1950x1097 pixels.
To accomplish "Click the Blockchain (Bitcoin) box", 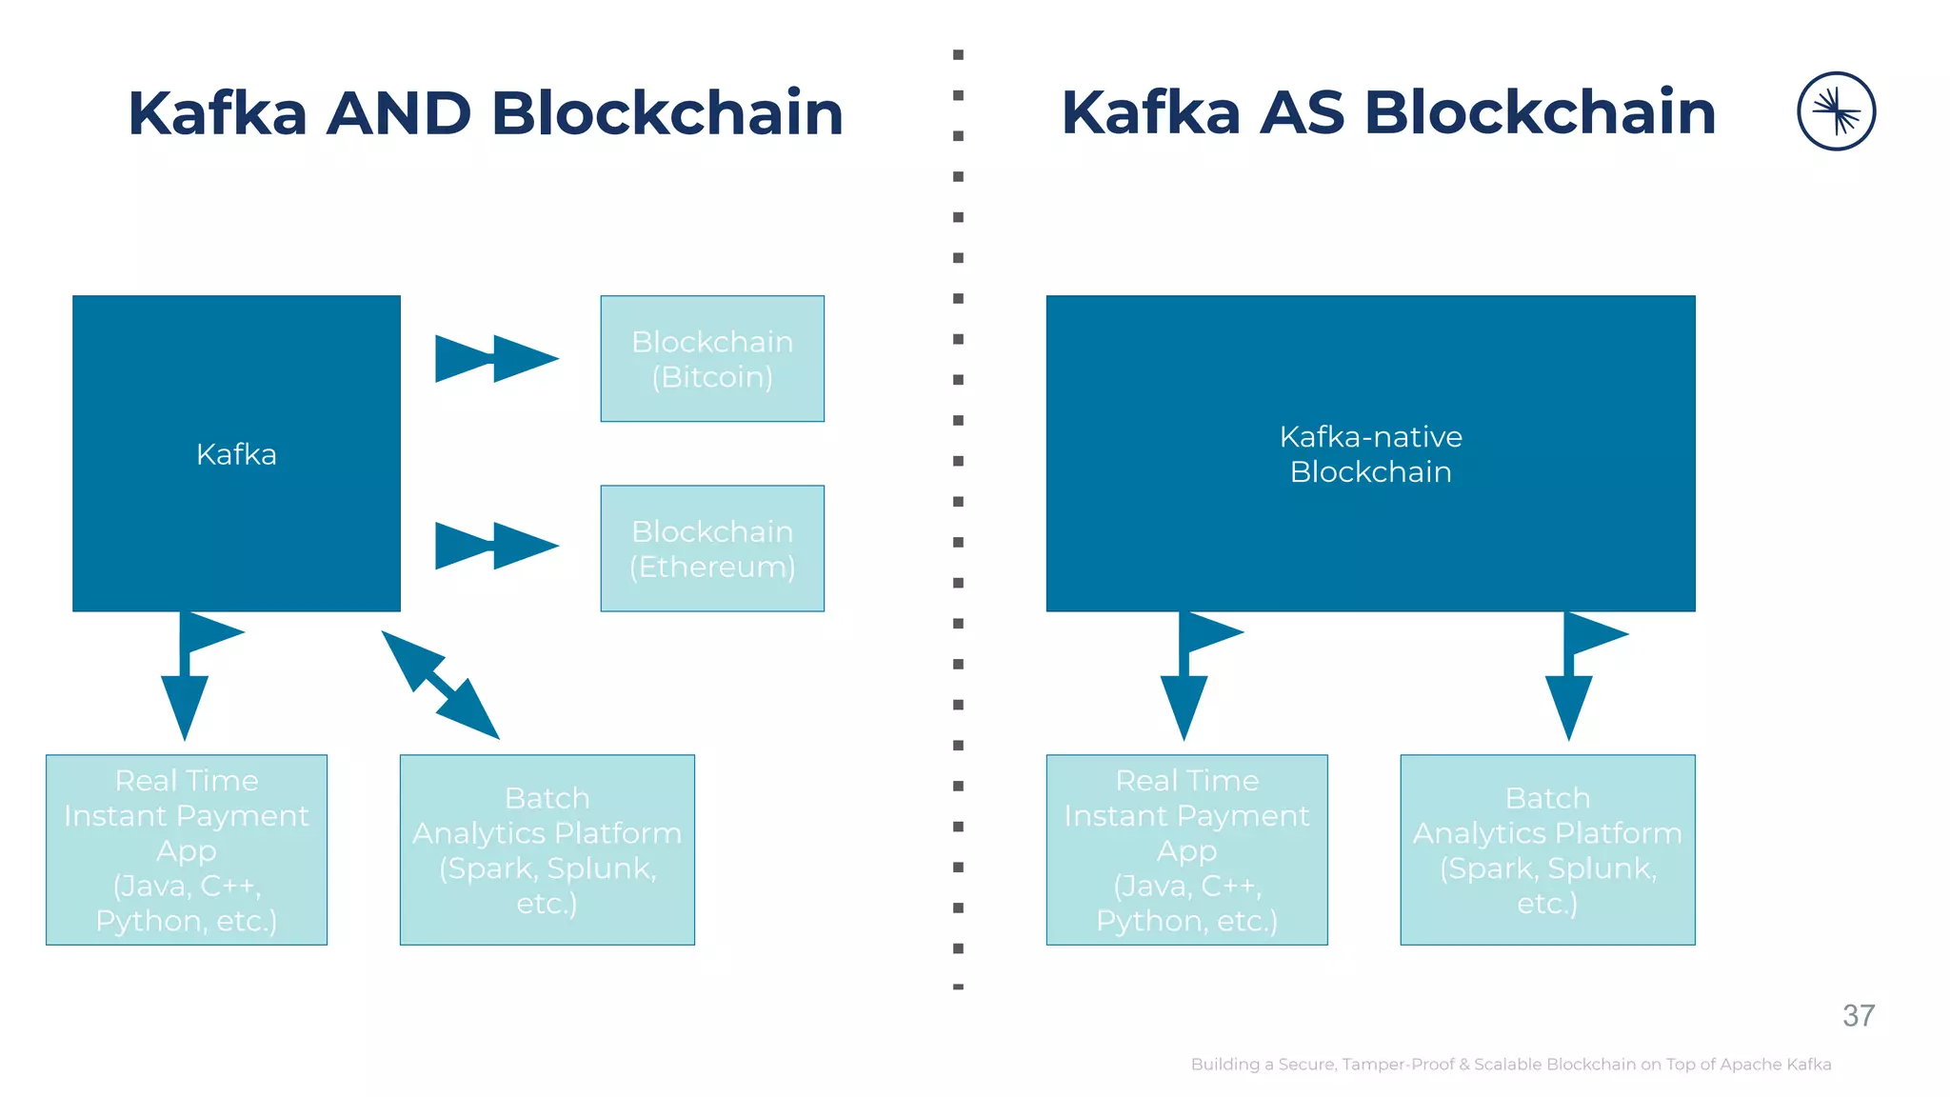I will click(712, 359).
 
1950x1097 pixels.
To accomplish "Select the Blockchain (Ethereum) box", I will click(712, 548).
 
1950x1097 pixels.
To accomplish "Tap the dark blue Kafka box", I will click(236, 453).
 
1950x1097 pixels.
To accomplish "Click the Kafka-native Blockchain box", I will click(1370, 453).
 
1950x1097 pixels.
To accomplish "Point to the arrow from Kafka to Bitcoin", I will click(496, 359).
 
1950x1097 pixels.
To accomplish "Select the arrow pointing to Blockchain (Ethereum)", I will click(496, 547).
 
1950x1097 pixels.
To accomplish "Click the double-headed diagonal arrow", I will click(440, 684).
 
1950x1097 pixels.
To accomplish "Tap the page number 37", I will click(1858, 1016).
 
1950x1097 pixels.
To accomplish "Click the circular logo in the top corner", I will click(1836, 111).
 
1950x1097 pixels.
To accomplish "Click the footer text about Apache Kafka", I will click(1510, 1065).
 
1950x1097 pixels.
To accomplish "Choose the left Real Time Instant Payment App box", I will click(187, 849).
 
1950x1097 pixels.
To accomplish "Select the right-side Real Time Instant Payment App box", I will click(1186, 849).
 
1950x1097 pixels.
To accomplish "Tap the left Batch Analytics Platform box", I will click(547, 849).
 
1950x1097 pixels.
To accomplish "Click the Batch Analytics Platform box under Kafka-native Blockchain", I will click(1547, 849).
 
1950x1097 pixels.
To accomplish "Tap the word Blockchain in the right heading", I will click(1540, 113).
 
